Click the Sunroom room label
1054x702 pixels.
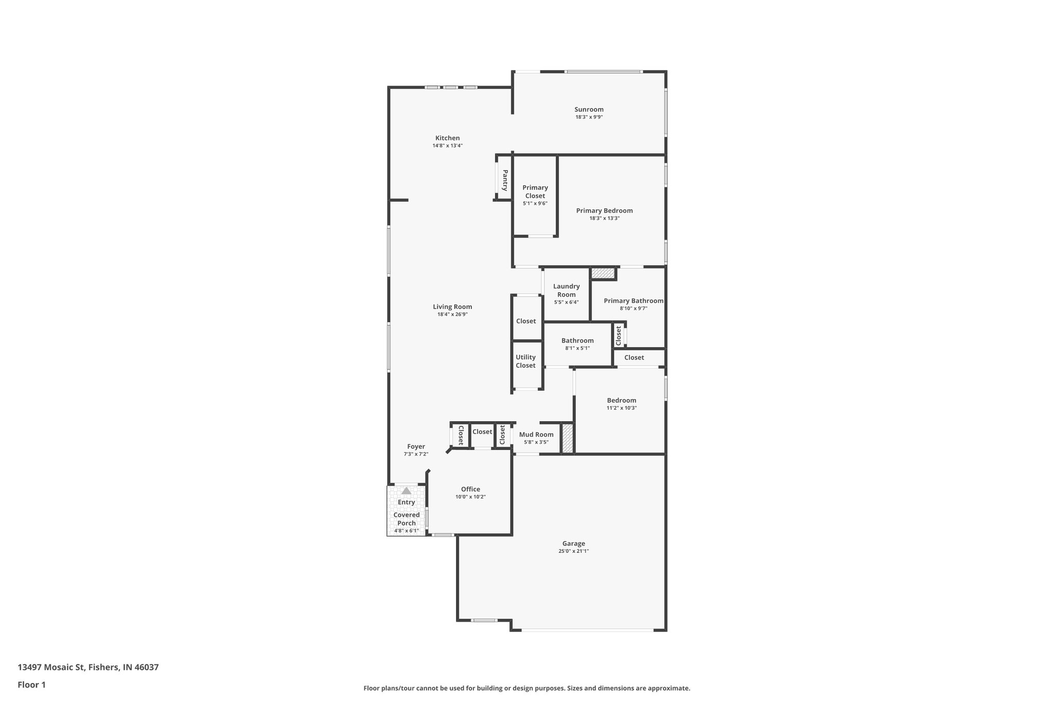[589, 109]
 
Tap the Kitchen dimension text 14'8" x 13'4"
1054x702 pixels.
[447, 146]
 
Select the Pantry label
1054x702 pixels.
[505, 180]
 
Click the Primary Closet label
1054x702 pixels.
[535, 191]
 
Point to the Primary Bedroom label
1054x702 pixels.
[604, 210]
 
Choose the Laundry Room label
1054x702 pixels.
[566, 291]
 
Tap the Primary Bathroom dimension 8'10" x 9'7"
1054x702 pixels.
[634, 309]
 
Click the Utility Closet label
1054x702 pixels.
[525, 361]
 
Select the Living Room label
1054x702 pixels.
[452, 307]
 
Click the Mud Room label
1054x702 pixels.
[536, 435]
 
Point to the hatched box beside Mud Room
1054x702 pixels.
[567, 439]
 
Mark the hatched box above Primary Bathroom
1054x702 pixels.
[603, 273]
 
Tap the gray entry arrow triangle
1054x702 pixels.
[407, 491]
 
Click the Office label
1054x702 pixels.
[470, 489]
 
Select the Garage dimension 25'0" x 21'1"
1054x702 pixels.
[573, 551]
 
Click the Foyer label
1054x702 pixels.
[416, 446]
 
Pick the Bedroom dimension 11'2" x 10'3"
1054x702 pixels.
[622, 408]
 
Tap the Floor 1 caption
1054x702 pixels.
[32, 685]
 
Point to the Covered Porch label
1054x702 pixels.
[407, 519]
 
